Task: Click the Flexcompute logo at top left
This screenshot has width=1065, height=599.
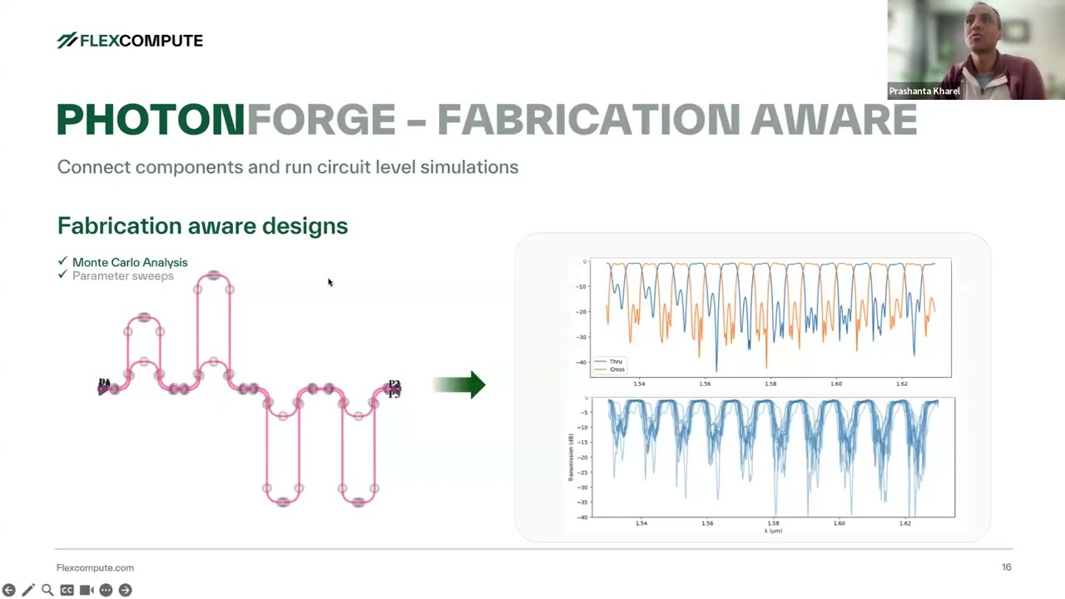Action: [x=130, y=41]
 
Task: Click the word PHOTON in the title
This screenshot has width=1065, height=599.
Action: [x=151, y=121]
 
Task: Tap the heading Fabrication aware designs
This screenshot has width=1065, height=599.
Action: [x=202, y=226]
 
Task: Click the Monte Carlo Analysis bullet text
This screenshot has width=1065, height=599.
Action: [x=130, y=262]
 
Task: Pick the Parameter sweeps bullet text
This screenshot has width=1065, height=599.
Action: [x=123, y=276]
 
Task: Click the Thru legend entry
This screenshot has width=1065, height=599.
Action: [x=616, y=362]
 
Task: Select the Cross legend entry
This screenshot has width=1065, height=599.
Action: [x=617, y=369]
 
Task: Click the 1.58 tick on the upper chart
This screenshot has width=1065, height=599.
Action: [x=770, y=384]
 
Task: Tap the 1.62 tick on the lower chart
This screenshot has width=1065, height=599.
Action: [x=904, y=523]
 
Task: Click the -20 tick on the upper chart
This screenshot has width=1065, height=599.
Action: [x=581, y=312]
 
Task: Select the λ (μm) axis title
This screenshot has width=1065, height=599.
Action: [x=773, y=531]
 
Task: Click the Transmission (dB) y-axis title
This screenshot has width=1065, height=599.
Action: [x=572, y=458]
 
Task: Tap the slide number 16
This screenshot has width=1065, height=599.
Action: [x=1006, y=567]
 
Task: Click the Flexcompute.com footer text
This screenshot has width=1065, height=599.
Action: [x=95, y=568]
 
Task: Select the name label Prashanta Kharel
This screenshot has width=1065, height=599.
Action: [x=924, y=92]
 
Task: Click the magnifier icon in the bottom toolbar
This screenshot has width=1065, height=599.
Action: [x=47, y=590]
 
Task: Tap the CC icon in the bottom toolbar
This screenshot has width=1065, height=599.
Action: [x=67, y=590]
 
